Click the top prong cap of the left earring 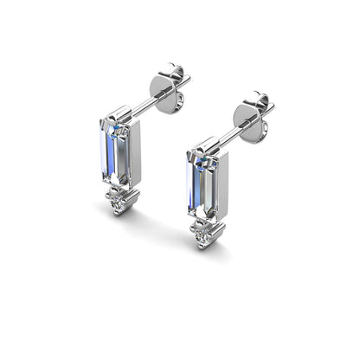118,116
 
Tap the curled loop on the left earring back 181,73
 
